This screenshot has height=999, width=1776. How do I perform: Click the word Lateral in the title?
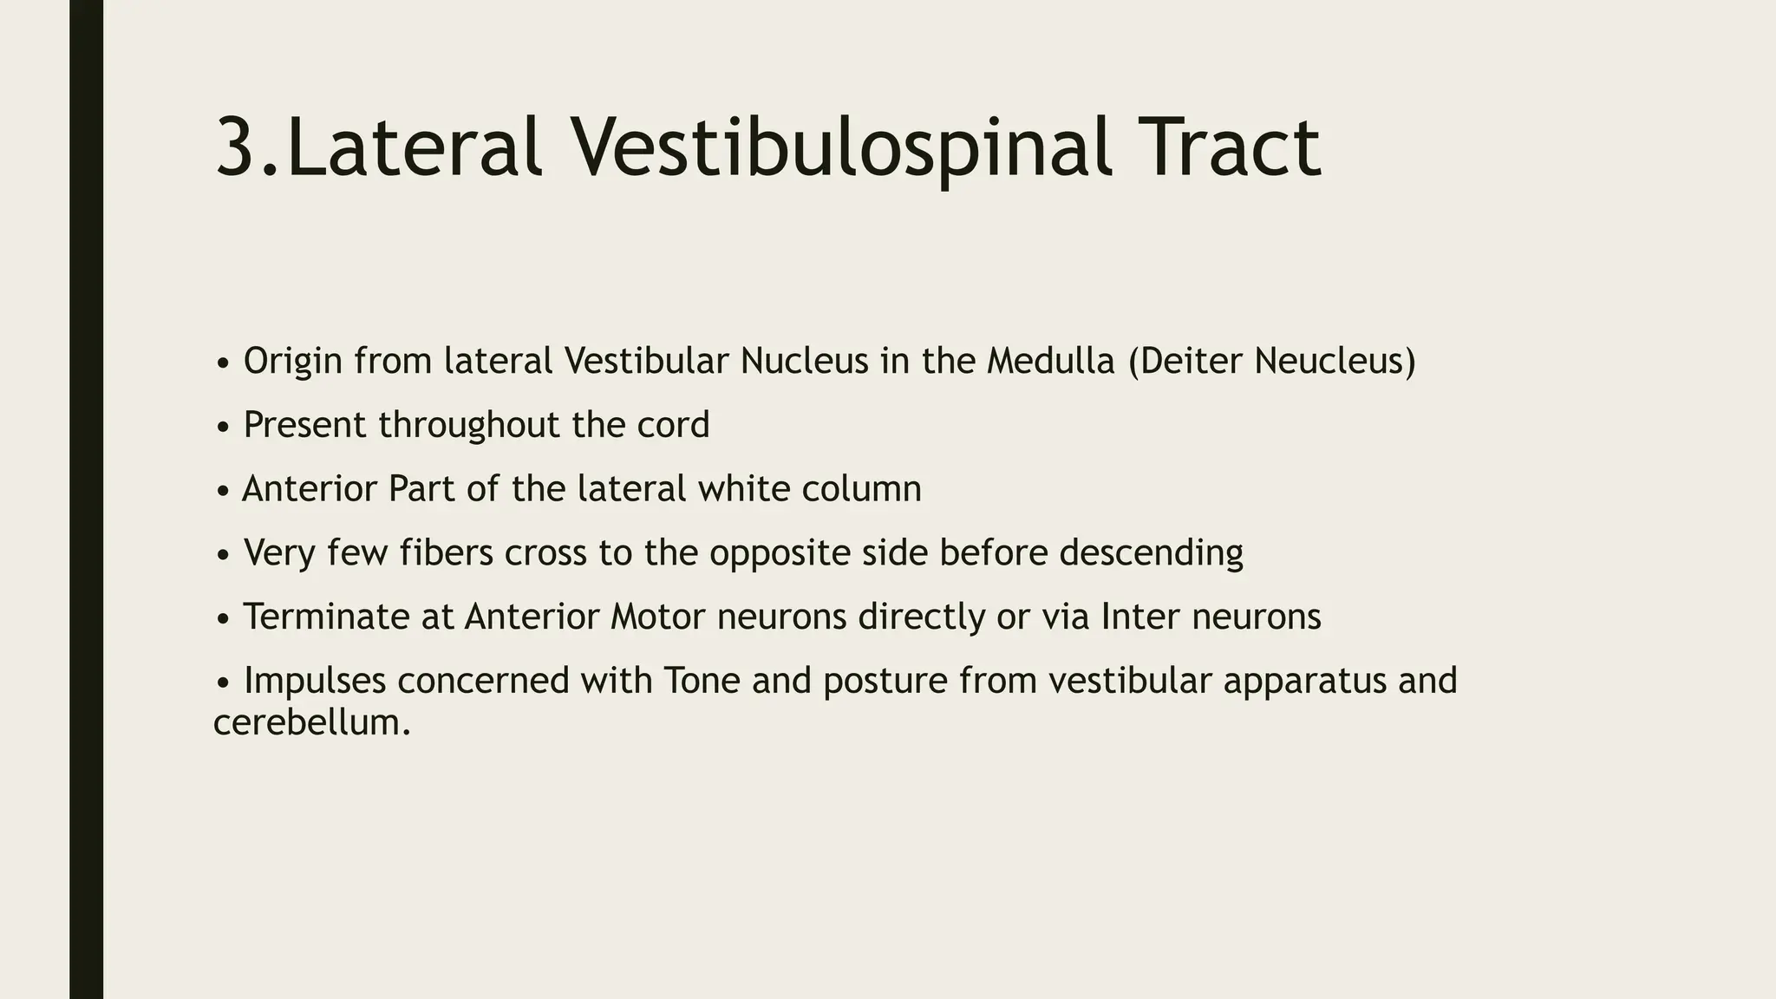click(415, 149)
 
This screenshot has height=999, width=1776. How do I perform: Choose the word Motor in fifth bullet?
click(658, 617)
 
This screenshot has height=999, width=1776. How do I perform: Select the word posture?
click(885, 682)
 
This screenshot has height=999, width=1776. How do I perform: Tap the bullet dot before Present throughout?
click(223, 428)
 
